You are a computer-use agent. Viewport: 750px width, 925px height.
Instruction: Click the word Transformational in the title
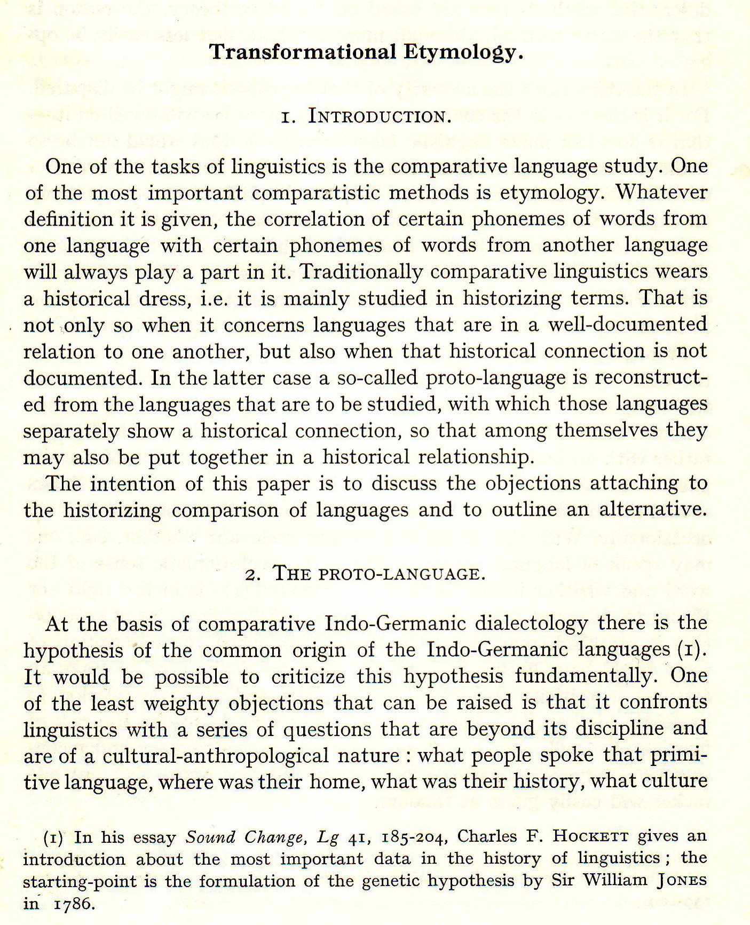(302, 52)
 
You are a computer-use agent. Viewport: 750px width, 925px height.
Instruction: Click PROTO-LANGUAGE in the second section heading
(401, 575)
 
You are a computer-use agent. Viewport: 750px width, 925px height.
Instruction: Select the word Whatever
(662, 192)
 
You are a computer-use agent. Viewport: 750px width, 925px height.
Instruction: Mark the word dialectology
(532, 623)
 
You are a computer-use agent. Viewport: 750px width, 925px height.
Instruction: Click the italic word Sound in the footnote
(210, 836)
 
